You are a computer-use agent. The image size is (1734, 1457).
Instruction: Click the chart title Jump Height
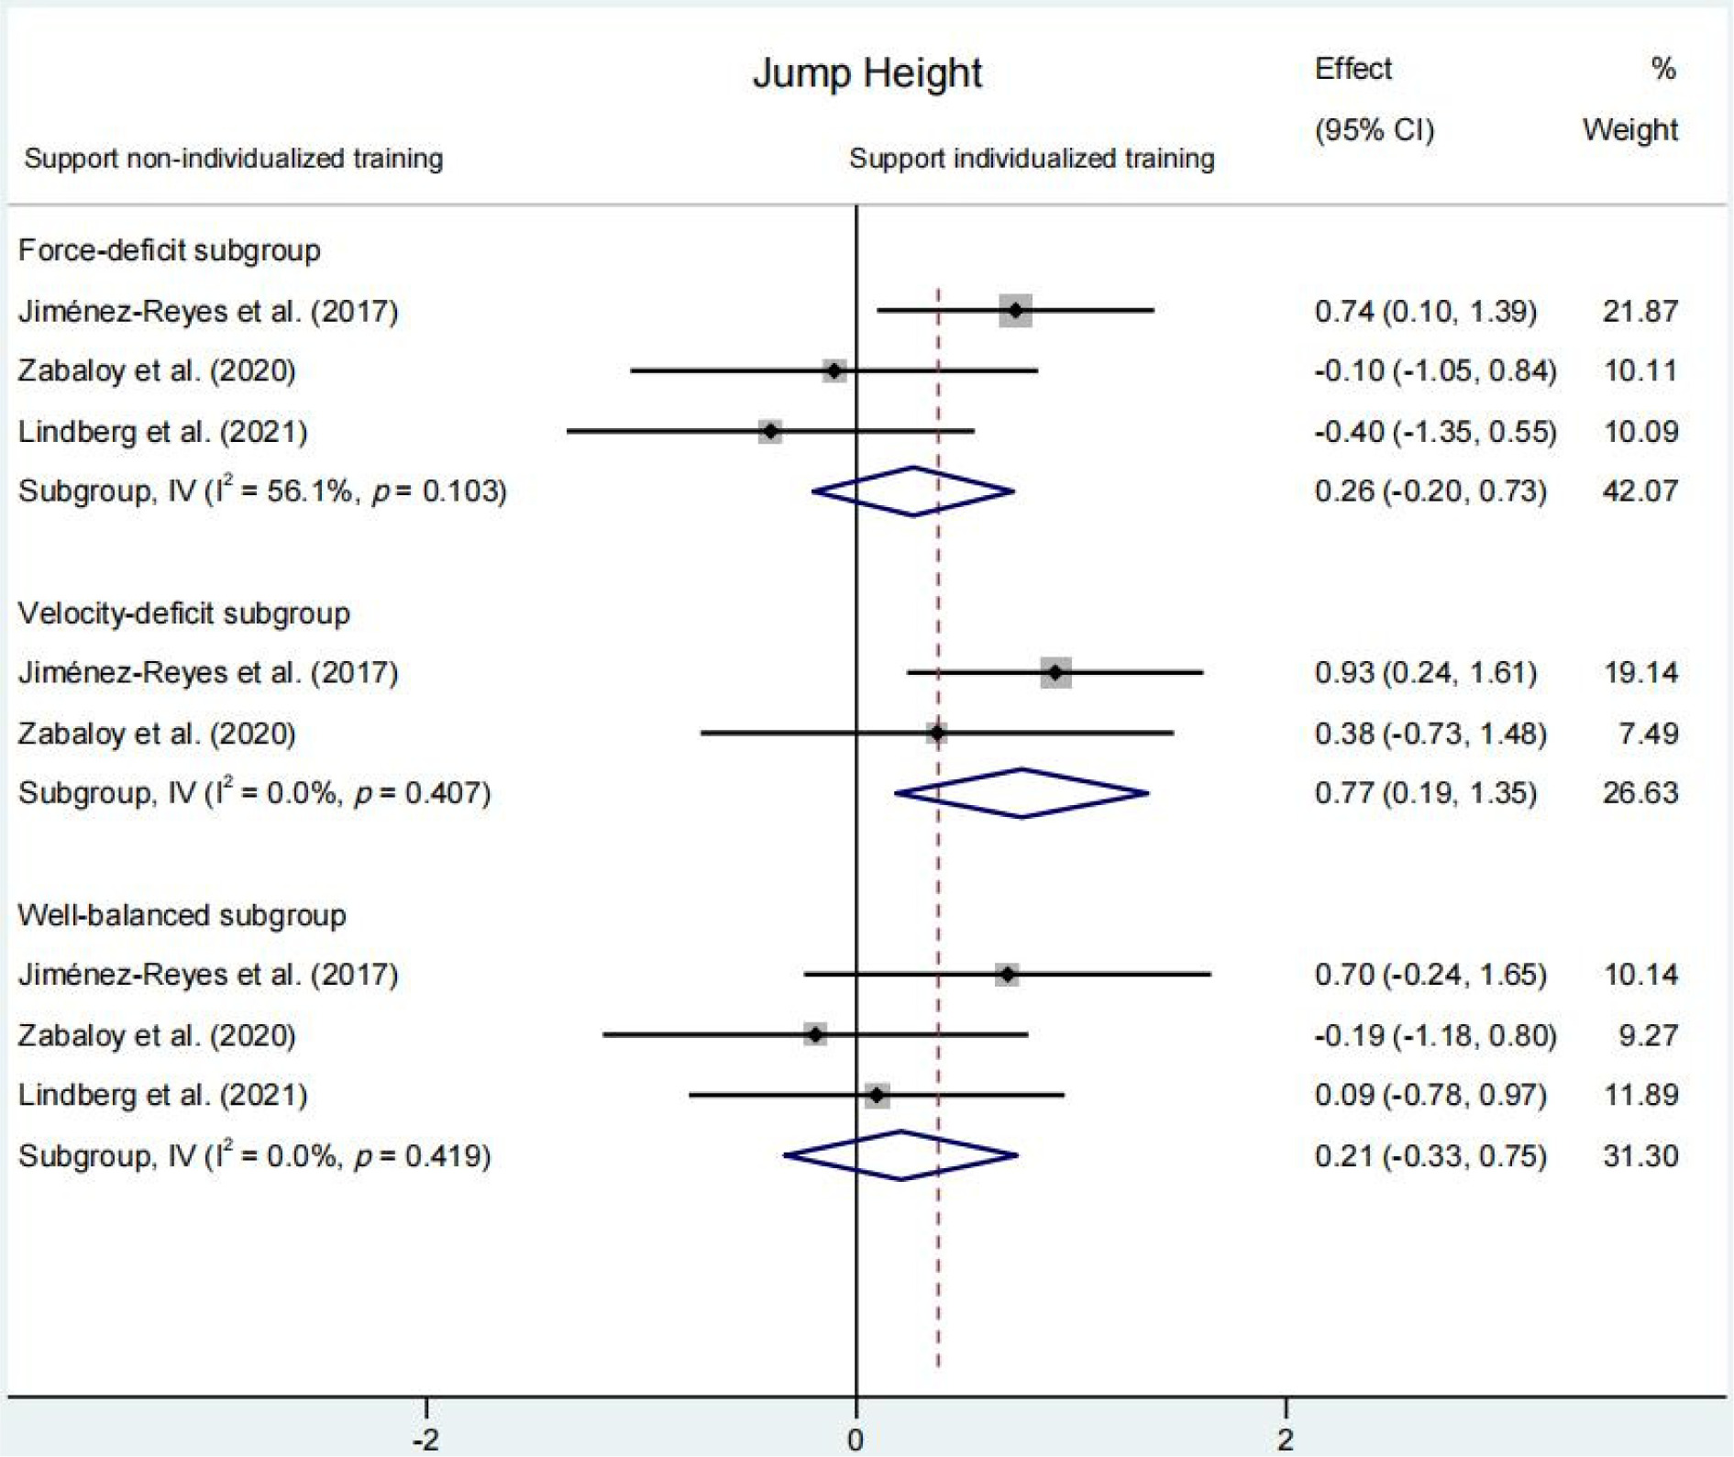(867, 73)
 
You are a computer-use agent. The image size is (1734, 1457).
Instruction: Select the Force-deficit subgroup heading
(170, 250)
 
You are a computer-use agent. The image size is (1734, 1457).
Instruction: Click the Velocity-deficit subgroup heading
(183, 613)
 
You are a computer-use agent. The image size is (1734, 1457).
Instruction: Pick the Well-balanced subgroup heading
(182, 915)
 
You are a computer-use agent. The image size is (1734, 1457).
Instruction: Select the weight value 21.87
(1640, 311)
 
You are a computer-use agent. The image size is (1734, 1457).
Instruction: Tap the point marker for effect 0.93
(1055, 673)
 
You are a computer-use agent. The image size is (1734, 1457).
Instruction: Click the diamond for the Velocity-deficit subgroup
(1022, 793)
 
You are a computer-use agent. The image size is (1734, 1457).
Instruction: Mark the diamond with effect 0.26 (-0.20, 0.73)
(913, 491)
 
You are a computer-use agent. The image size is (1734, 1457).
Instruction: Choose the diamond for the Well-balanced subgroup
(901, 1155)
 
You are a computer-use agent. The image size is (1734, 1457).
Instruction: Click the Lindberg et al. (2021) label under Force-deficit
(162, 432)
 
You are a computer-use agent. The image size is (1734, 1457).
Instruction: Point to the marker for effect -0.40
(770, 431)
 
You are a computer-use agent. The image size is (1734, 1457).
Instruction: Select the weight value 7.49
(1648, 734)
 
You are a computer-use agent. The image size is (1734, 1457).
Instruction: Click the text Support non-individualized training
(234, 159)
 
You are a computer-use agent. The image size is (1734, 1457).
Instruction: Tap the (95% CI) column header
(1374, 130)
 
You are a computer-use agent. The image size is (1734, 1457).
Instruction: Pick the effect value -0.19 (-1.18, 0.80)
(1435, 1035)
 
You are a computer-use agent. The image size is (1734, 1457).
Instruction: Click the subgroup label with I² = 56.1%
(262, 491)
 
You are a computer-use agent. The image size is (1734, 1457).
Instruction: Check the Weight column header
(1629, 130)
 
